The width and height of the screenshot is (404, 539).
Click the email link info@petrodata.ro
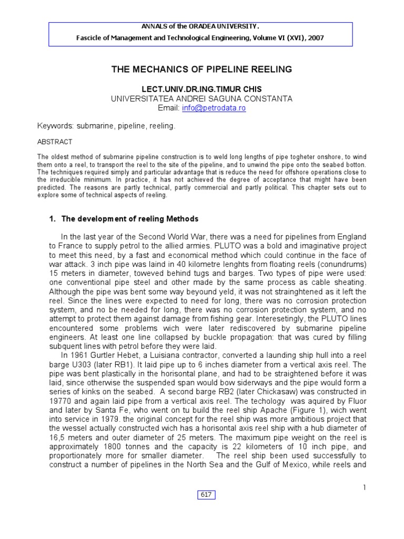214,108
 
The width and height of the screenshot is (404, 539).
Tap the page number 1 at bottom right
363,487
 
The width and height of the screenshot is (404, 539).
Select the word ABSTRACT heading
55,142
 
